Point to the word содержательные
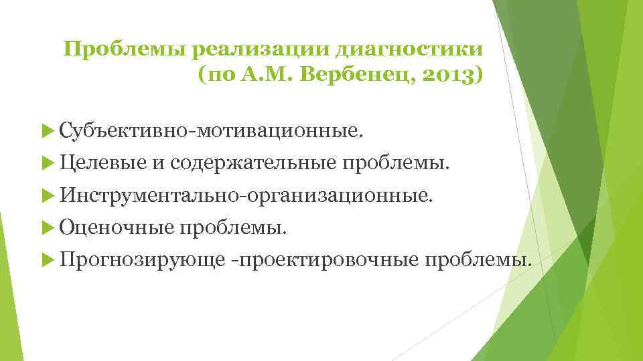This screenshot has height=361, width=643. click(254, 162)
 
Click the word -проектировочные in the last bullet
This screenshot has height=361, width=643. click(325, 259)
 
